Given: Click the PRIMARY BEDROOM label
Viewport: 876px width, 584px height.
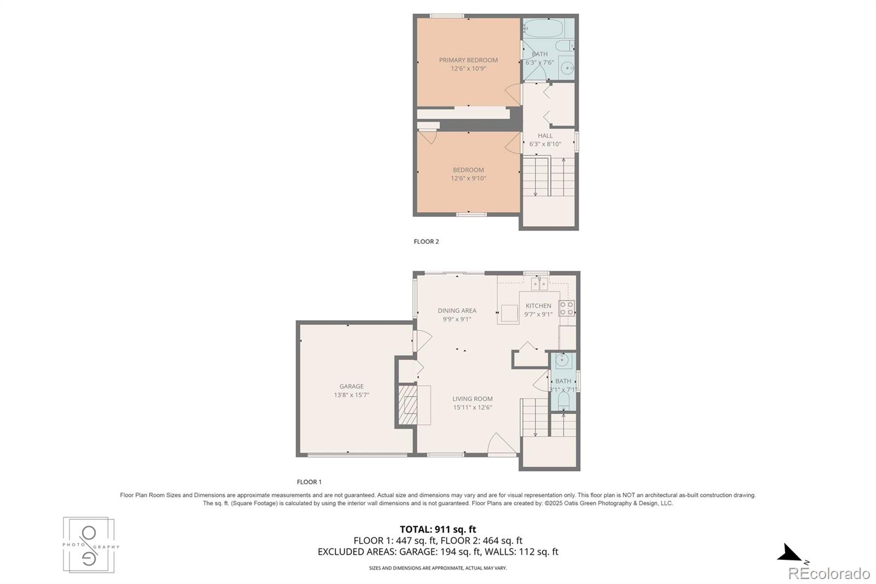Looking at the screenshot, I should (468, 60).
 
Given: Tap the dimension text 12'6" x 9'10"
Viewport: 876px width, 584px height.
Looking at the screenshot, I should (468, 179).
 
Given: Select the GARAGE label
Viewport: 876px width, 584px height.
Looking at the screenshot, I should (351, 386).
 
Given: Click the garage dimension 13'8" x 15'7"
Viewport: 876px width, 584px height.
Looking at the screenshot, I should (351, 395).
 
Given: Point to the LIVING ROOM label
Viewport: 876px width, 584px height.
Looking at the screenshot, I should (472, 399).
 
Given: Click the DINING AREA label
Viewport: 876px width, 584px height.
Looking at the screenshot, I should (457, 311).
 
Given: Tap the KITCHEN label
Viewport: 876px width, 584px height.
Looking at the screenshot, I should (538, 306).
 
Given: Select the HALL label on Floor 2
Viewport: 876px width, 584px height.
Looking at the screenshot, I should (545, 136).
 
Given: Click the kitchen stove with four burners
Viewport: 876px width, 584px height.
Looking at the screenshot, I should (566, 308).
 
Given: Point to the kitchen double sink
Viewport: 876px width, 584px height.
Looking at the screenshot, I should (539, 284).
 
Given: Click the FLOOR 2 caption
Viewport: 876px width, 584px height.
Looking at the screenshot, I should (426, 242).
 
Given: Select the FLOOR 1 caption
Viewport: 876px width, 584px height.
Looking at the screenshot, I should (309, 482).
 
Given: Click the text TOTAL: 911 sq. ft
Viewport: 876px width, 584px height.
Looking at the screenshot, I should (437, 529).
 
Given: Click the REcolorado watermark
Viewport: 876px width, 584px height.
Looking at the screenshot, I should (828, 574).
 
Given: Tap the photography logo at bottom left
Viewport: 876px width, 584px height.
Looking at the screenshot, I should (89, 545).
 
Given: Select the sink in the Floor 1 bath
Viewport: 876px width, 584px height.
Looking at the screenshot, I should (562, 360).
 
